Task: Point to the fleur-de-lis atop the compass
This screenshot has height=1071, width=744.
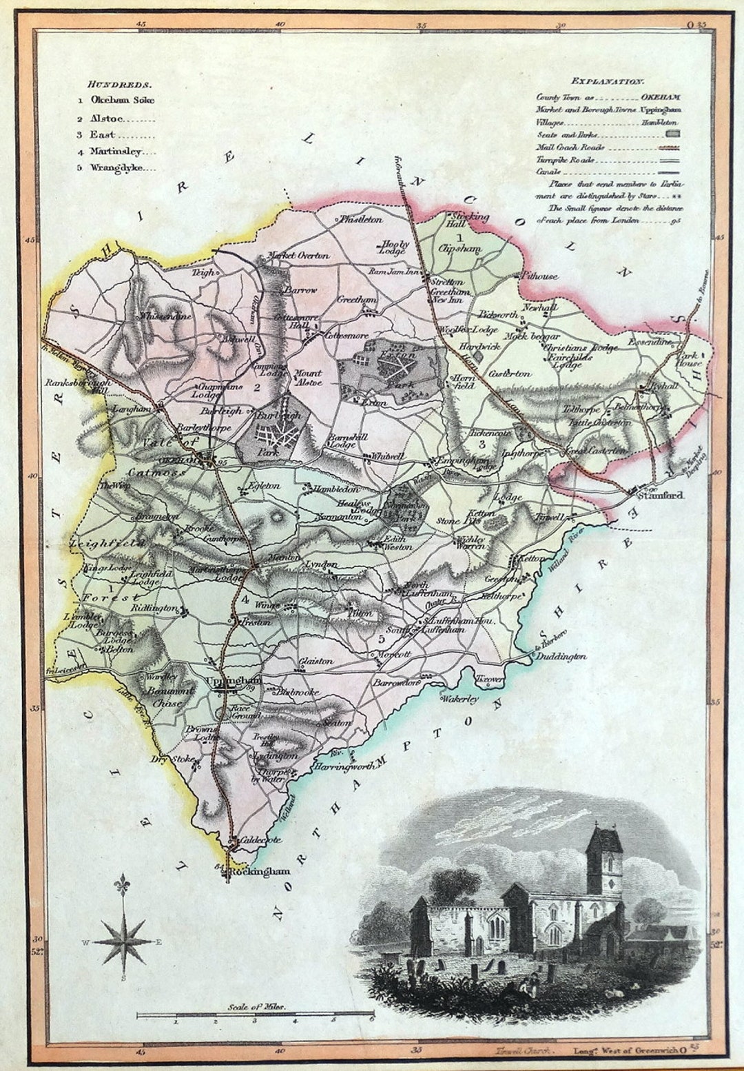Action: coord(123,884)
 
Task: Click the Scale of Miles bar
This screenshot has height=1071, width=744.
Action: coord(255,1014)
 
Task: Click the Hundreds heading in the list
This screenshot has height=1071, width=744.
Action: coord(119,84)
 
